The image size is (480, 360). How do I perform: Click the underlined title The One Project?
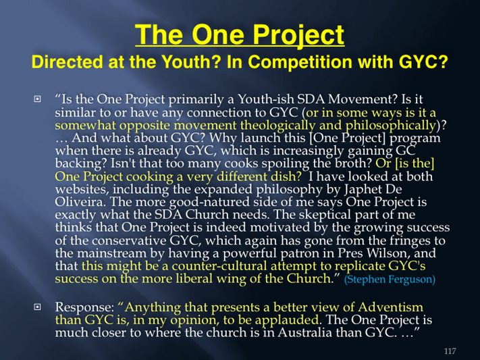coord(240,34)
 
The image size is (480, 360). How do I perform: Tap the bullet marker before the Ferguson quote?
coord(37,99)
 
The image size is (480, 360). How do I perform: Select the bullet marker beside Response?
coord(37,307)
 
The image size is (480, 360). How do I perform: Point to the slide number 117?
coord(450,351)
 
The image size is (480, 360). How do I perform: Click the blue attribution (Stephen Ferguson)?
coord(390,279)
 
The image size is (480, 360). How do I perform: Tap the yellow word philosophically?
coord(391,126)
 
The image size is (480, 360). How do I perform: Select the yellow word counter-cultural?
coord(219,266)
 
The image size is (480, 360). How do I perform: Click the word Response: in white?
coord(85,307)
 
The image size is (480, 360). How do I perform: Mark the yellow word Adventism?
coord(390,307)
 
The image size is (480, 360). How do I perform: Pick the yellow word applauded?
coord(287,320)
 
